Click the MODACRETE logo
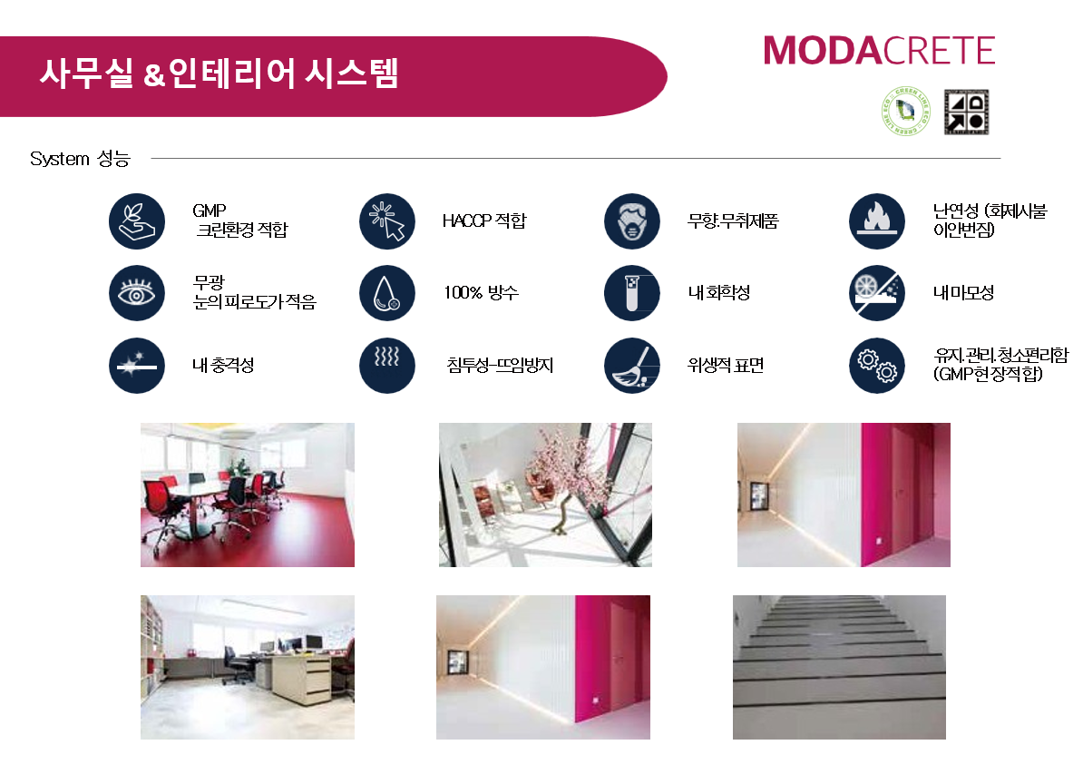pyautogui.click(x=879, y=51)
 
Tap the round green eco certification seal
pyautogui.click(x=906, y=111)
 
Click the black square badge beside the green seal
pyautogui.click(x=966, y=112)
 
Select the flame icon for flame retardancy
pyautogui.click(x=876, y=221)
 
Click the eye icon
pyautogui.click(x=137, y=293)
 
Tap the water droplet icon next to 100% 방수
pyautogui.click(x=386, y=293)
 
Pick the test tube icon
pyautogui.click(x=632, y=293)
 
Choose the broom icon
pyautogui.click(x=632, y=366)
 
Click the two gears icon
pyautogui.click(x=876, y=366)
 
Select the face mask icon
pyautogui.click(x=632, y=221)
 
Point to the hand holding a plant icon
pyautogui.click(x=137, y=221)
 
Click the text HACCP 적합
pyautogui.click(x=484, y=220)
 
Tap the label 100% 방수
pyautogui.click(x=481, y=292)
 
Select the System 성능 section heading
pyautogui.click(x=80, y=159)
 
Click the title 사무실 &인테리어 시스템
pyautogui.click(x=219, y=73)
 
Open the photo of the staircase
pyautogui.click(x=839, y=667)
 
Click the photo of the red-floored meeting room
pyautogui.click(x=248, y=495)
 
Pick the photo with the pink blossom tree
pyautogui.click(x=545, y=495)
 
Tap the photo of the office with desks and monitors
pyautogui.click(x=248, y=667)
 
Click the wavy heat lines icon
pyautogui.click(x=386, y=366)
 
